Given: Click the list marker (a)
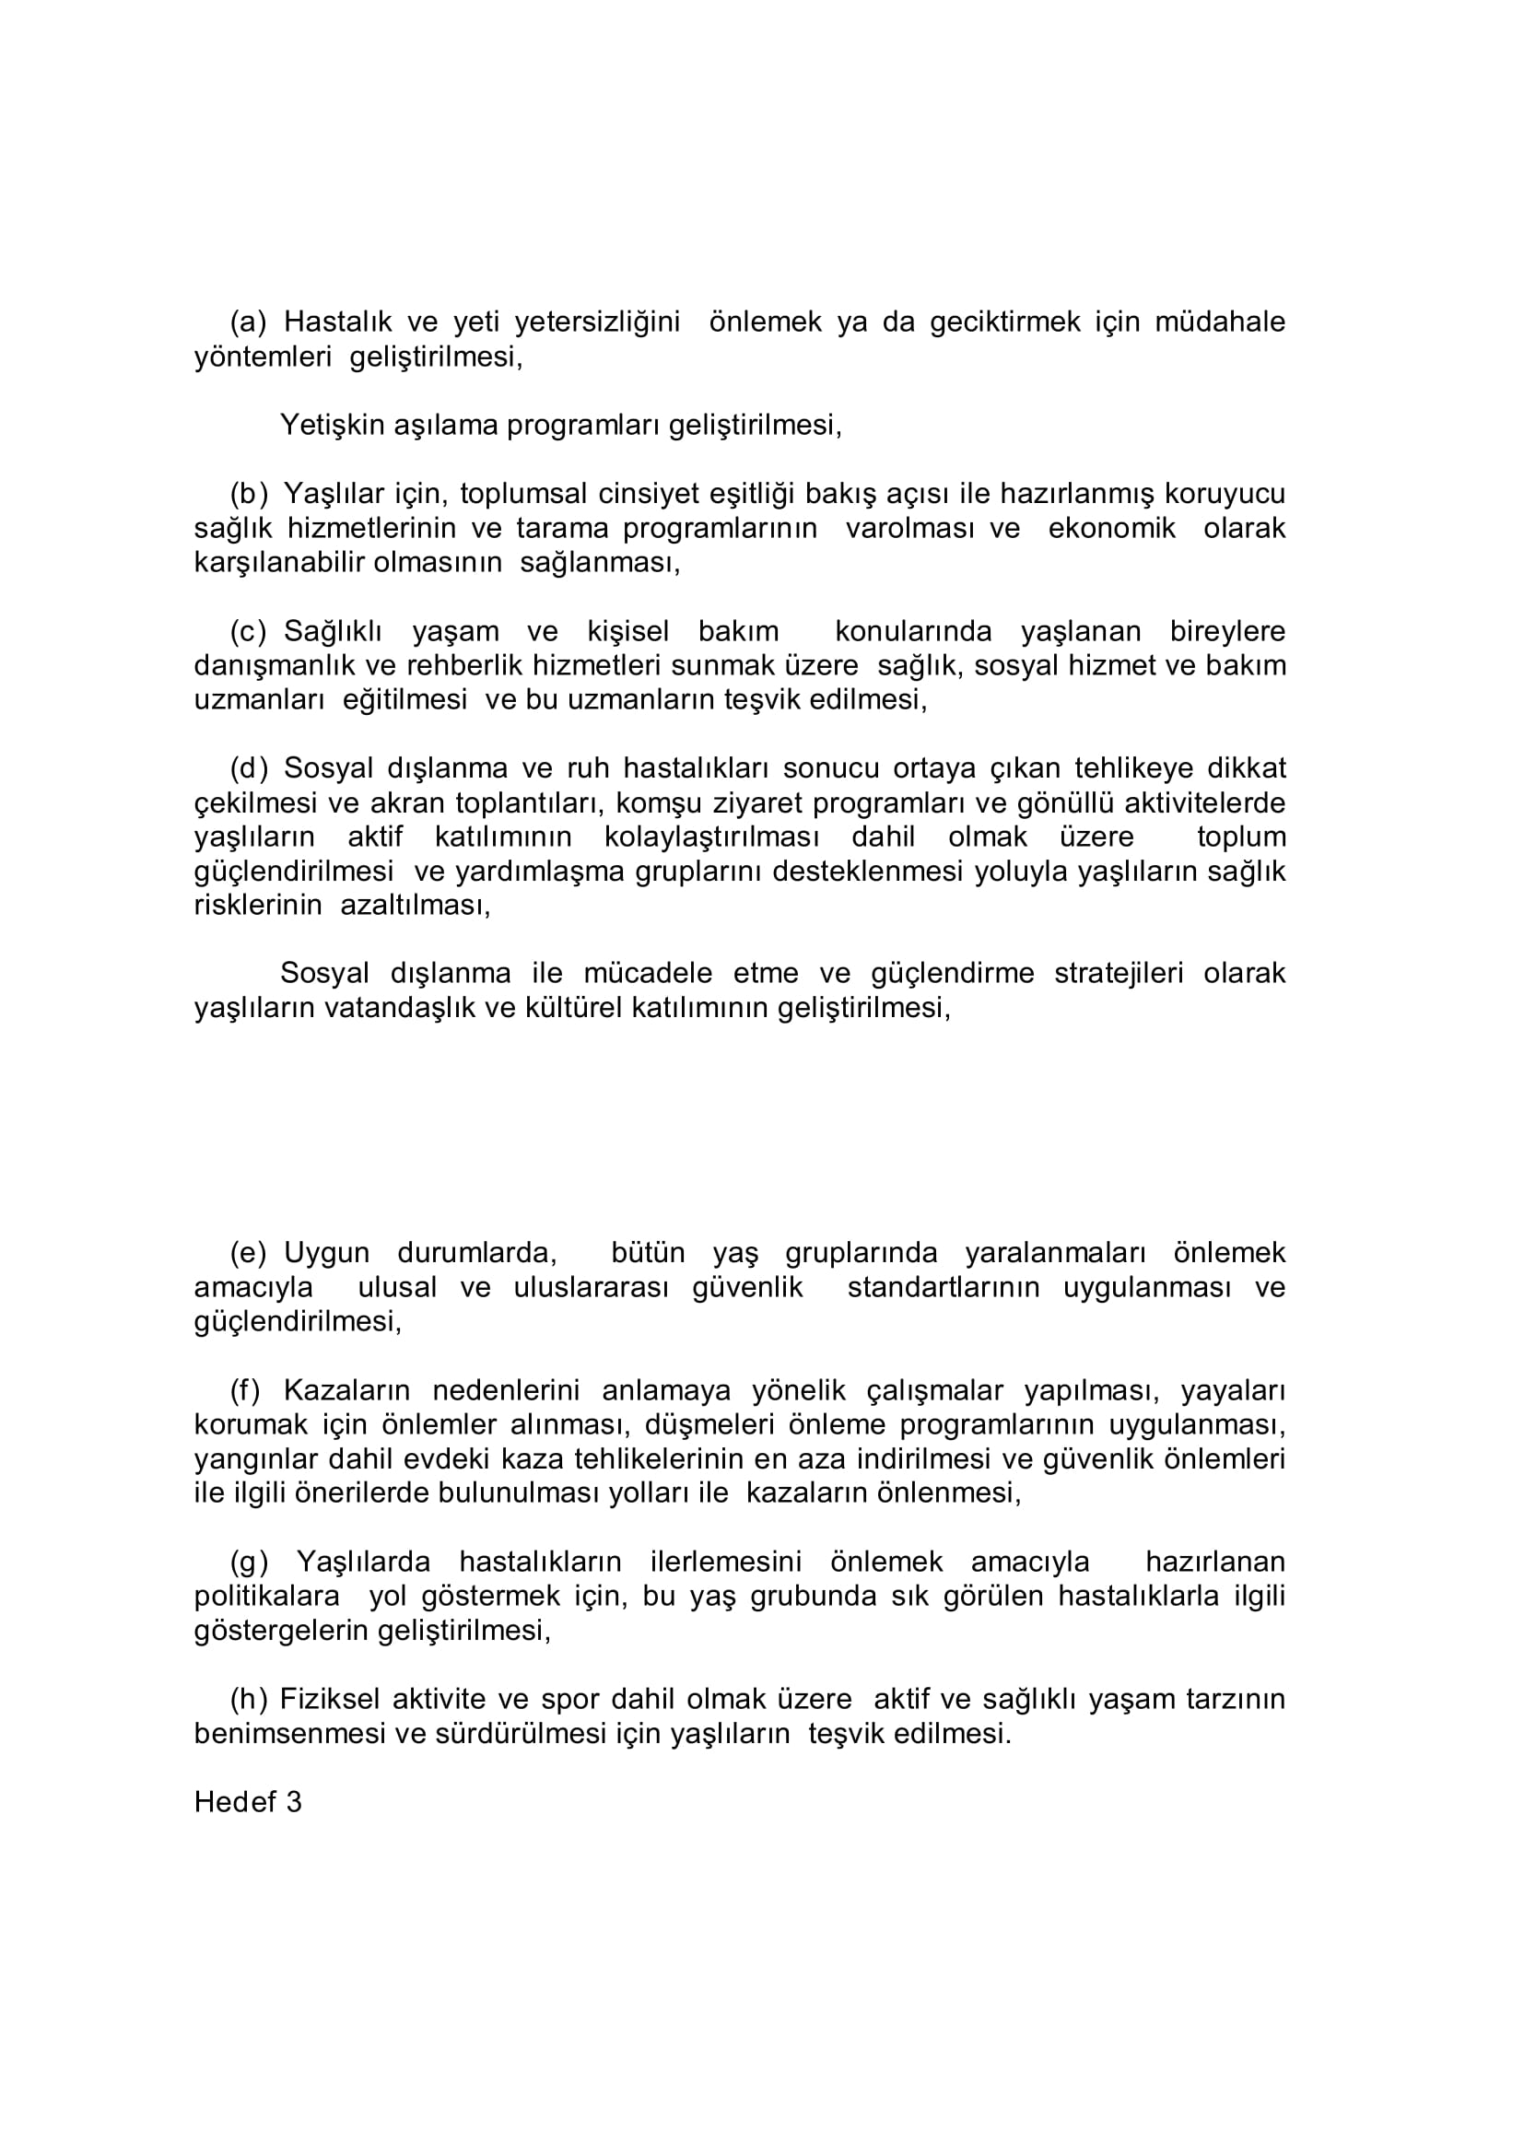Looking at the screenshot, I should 249,322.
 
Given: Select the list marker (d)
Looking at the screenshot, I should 249,768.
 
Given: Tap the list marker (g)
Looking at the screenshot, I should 249,1562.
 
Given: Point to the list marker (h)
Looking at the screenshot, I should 249,1699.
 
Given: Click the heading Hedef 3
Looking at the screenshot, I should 248,1802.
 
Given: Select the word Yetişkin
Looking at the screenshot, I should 333,426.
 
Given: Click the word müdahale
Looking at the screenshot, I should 1219,322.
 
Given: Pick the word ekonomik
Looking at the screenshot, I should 1111,528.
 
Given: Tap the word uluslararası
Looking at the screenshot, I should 592,1287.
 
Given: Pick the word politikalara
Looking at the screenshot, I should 266,1596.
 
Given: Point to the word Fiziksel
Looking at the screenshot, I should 333,1699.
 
